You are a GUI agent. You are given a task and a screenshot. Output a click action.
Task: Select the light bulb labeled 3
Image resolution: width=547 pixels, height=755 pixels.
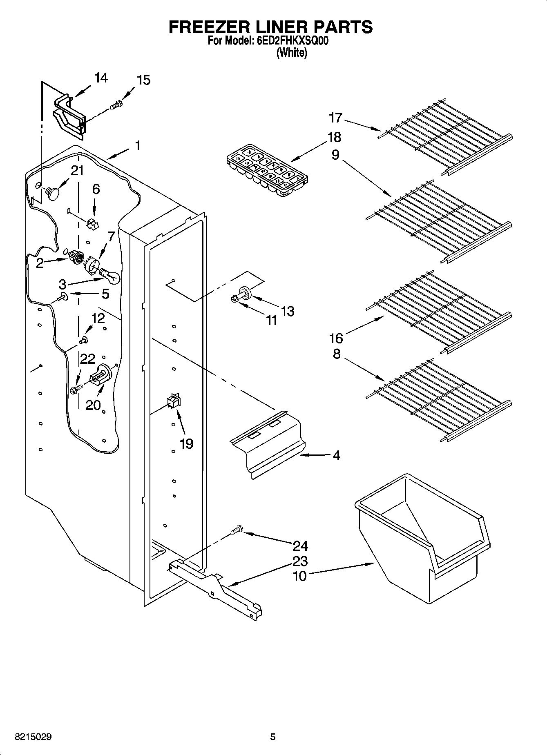coord(110,276)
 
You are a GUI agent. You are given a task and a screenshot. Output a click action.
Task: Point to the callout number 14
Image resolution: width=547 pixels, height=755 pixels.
coord(100,78)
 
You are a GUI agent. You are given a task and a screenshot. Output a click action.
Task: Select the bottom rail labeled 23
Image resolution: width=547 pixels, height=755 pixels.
coord(217,588)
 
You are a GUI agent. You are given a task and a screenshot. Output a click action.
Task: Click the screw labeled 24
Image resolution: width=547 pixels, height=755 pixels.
coord(236,530)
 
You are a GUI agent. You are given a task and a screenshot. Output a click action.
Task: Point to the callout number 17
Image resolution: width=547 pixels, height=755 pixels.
coord(335,118)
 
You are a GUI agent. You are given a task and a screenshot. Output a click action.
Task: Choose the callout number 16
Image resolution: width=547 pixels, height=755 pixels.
coord(336,338)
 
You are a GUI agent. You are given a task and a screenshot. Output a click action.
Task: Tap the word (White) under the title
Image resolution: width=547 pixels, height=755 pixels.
coord(291,53)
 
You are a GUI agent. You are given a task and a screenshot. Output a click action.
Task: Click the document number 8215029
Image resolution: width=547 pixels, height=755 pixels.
coord(33,737)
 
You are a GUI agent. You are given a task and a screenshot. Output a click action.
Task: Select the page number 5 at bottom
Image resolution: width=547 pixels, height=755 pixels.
coord(272,737)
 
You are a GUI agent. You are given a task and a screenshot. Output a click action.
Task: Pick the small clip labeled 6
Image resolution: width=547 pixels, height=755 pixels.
coord(93,224)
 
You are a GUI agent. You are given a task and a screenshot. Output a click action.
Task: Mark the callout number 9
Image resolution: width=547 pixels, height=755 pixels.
coord(335,155)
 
